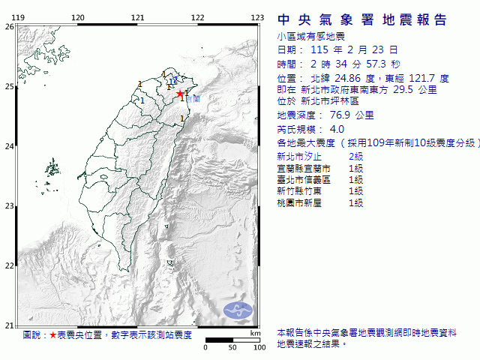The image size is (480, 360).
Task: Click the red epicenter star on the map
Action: click(181, 94)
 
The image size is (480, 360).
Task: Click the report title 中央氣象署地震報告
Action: click(362, 20)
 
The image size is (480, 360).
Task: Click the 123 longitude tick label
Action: click(257, 17)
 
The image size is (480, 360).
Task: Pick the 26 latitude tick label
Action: click(9, 26)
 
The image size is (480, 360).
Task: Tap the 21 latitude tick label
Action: click(9, 325)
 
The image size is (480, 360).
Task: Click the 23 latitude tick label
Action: click(9, 205)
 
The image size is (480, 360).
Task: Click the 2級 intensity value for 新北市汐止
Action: click(355, 156)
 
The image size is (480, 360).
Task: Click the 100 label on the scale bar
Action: click(259, 348)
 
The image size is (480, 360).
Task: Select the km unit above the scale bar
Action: click(256, 333)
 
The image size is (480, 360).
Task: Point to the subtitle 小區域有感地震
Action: click(307, 35)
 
